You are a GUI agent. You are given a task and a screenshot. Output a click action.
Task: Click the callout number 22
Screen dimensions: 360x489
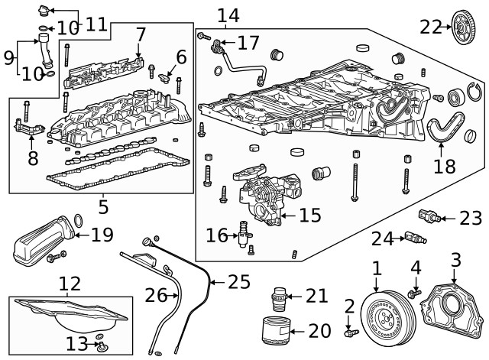(431, 27)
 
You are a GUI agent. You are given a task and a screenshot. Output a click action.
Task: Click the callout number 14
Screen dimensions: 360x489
(228, 15)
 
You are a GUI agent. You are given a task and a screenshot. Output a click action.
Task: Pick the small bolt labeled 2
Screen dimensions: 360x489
(350, 332)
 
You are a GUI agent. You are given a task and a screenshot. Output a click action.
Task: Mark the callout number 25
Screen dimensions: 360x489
(239, 282)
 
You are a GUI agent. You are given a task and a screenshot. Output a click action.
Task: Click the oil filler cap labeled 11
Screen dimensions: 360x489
(44, 11)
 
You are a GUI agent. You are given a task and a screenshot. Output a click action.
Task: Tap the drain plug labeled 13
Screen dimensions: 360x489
(101, 349)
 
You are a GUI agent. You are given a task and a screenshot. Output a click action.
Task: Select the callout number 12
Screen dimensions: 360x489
(70, 284)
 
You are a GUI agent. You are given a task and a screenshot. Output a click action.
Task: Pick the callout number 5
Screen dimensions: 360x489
(102, 206)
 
